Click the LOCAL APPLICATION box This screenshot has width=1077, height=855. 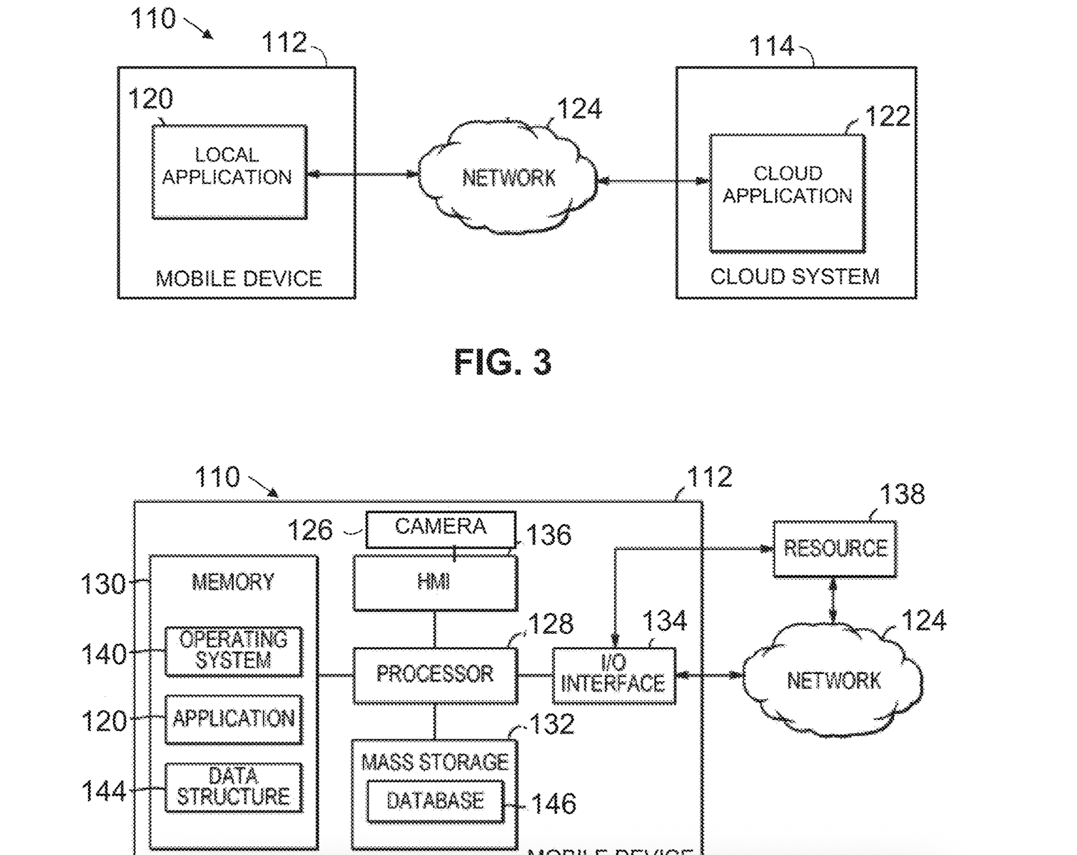pyautogui.click(x=229, y=172)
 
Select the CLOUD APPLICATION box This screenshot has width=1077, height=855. pyautogui.click(x=787, y=193)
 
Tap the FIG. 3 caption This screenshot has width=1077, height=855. pyautogui.click(x=502, y=362)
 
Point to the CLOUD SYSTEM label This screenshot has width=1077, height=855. pyautogui.click(x=794, y=276)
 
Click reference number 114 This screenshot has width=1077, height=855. pyautogui.click(x=771, y=46)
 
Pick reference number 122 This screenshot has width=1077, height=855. pyautogui.click(x=887, y=116)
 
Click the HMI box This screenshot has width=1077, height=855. pyautogui.click(x=435, y=582)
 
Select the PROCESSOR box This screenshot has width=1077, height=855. pyautogui.click(x=435, y=675)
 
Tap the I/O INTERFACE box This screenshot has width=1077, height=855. pyautogui.click(x=614, y=675)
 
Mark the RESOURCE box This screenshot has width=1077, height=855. pyautogui.click(x=835, y=548)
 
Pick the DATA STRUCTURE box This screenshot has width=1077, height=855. pyautogui.click(x=233, y=787)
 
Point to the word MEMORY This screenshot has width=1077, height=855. pyautogui.click(x=233, y=582)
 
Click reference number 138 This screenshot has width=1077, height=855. pyautogui.click(x=901, y=494)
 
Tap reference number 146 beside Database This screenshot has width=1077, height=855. pyautogui.click(x=553, y=804)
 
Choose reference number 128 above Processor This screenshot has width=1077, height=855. pyautogui.click(x=550, y=625)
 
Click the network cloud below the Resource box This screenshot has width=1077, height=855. pyautogui.click(x=833, y=681)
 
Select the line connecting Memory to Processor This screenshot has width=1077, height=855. pyautogui.click(x=336, y=675)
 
